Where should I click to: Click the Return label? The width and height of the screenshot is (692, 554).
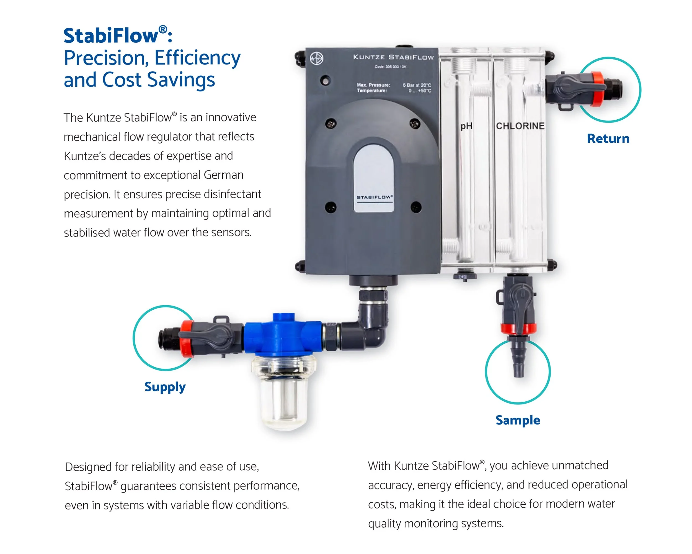pos(608,139)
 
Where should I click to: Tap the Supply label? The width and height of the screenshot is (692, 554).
pos(165,387)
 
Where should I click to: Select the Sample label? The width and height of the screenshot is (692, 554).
pos(518,420)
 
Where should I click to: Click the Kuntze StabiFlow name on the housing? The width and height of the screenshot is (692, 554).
pos(393,57)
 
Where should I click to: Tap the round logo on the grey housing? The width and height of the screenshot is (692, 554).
pos(316,58)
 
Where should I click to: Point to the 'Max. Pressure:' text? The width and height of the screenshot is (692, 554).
pos(373,85)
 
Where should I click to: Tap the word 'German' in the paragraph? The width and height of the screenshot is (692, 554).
pos(223,175)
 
